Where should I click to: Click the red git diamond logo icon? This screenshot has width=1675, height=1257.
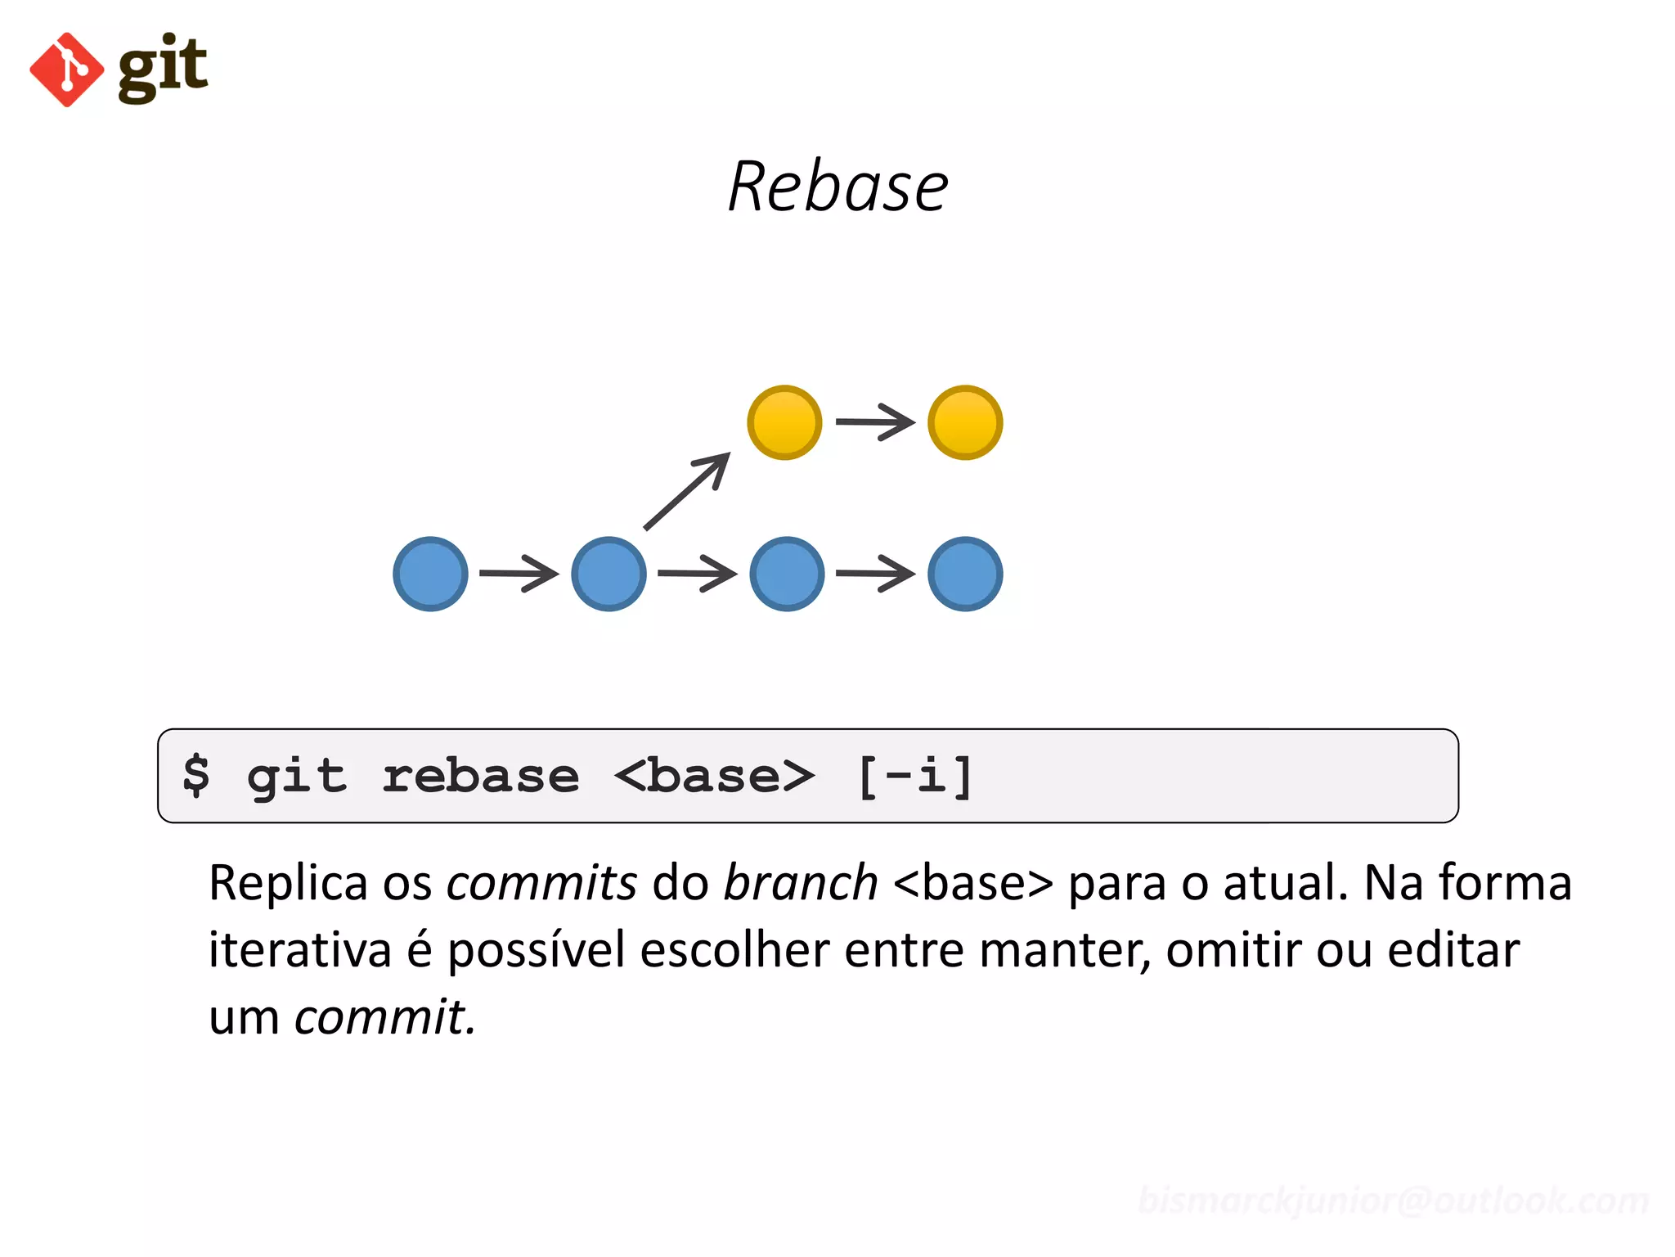(67, 70)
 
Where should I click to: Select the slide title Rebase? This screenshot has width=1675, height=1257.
(837, 187)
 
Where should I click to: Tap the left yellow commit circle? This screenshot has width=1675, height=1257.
(784, 422)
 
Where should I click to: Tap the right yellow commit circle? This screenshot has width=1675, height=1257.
(965, 422)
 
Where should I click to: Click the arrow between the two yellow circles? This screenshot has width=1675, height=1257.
(874, 422)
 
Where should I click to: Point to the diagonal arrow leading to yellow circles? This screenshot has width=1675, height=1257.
(687, 491)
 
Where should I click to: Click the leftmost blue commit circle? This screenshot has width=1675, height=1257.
(430, 574)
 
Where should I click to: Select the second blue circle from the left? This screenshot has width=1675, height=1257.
(608, 574)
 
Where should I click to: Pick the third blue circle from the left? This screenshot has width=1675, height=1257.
(787, 574)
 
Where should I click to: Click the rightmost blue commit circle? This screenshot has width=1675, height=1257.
(965, 574)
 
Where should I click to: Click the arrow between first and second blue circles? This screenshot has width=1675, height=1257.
(519, 574)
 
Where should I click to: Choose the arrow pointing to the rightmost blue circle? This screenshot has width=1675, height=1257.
(875, 574)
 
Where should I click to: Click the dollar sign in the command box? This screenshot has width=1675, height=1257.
(196, 775)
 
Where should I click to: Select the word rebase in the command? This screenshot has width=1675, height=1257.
(481, 776)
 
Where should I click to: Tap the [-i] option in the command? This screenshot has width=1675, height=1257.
(915, 776)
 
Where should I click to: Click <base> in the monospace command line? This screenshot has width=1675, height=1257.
(714, 776)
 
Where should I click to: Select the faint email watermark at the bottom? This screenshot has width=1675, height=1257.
(1393, 1201)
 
